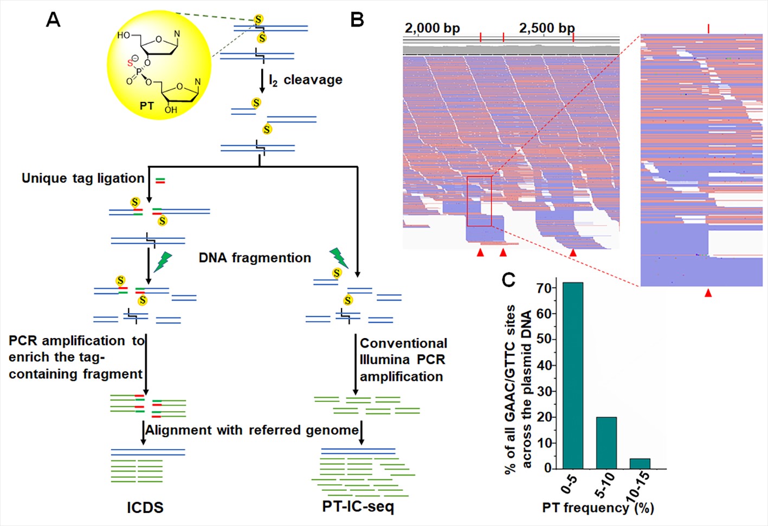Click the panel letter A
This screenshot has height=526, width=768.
point(53,20)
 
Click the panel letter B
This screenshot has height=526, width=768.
point(357,20)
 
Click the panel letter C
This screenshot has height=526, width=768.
point(508,280)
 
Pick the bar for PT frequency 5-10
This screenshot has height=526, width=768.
point(606,442)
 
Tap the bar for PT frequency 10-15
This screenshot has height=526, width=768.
point(640,463)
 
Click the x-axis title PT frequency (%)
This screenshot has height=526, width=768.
point(598,508)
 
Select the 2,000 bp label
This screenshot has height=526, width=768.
point(432,28)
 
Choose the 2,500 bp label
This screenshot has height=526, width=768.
point(546,28)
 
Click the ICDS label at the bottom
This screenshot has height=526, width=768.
point(145,508)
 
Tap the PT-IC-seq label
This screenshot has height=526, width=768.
point(358,506)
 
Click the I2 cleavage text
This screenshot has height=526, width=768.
point(306,80)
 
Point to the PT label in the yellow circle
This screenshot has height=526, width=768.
point(147,106)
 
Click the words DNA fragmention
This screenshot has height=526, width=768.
point(255,258)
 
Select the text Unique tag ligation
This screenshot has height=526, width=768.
point(83,178)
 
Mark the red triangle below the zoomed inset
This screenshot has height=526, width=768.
point(708,293)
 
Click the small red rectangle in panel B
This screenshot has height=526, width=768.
point(479,201)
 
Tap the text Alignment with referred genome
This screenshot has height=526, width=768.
point(252,430)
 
